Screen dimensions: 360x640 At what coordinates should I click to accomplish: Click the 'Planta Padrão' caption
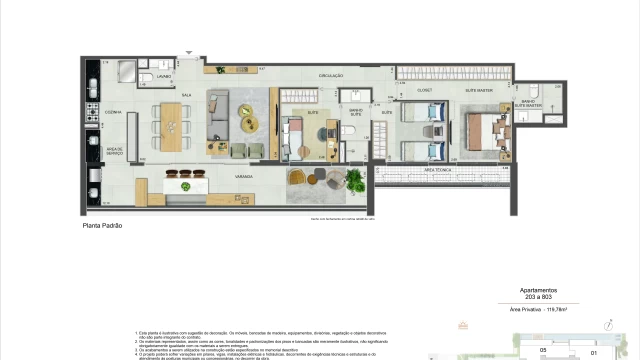pyautogui.click(x=102, y=226)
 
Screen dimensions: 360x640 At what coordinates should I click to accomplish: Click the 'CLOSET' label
pyautogui.click(x=423, y=89)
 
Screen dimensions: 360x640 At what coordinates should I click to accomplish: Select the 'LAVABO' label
pyautogui.click(x=163, y=77)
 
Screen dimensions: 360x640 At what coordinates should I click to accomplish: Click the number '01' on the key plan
pyautogui.click(x=593, y=351)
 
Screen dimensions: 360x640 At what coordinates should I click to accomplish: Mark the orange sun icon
pyautogui.click(x=462, y=323)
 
